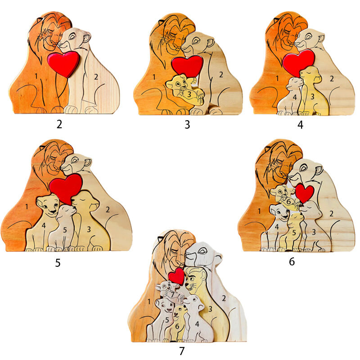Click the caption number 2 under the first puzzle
(x=59, y=124)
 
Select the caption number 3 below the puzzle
(x=187, y=125)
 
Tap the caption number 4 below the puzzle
(x=300, y=125)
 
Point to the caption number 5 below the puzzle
(x=58, y=262)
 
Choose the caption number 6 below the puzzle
(x=292, y=261)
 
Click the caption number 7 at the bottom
(x=181, y=351)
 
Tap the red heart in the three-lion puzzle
(x=187, y=66)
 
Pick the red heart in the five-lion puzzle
(x=66, y=188)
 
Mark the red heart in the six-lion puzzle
(x=305, y=193)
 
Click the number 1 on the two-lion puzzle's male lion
(x=36, y=76)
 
